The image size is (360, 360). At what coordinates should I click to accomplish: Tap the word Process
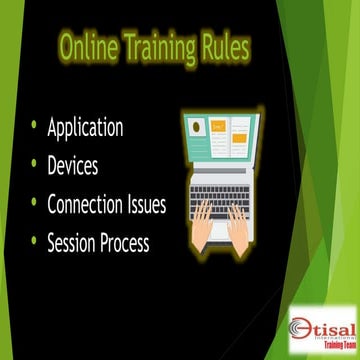click(138, 241)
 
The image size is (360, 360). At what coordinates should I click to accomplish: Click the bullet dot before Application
click(34, 127)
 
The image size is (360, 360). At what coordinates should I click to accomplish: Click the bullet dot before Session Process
click(34, 240)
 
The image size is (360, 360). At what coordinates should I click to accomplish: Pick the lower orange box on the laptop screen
click(239, 148)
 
